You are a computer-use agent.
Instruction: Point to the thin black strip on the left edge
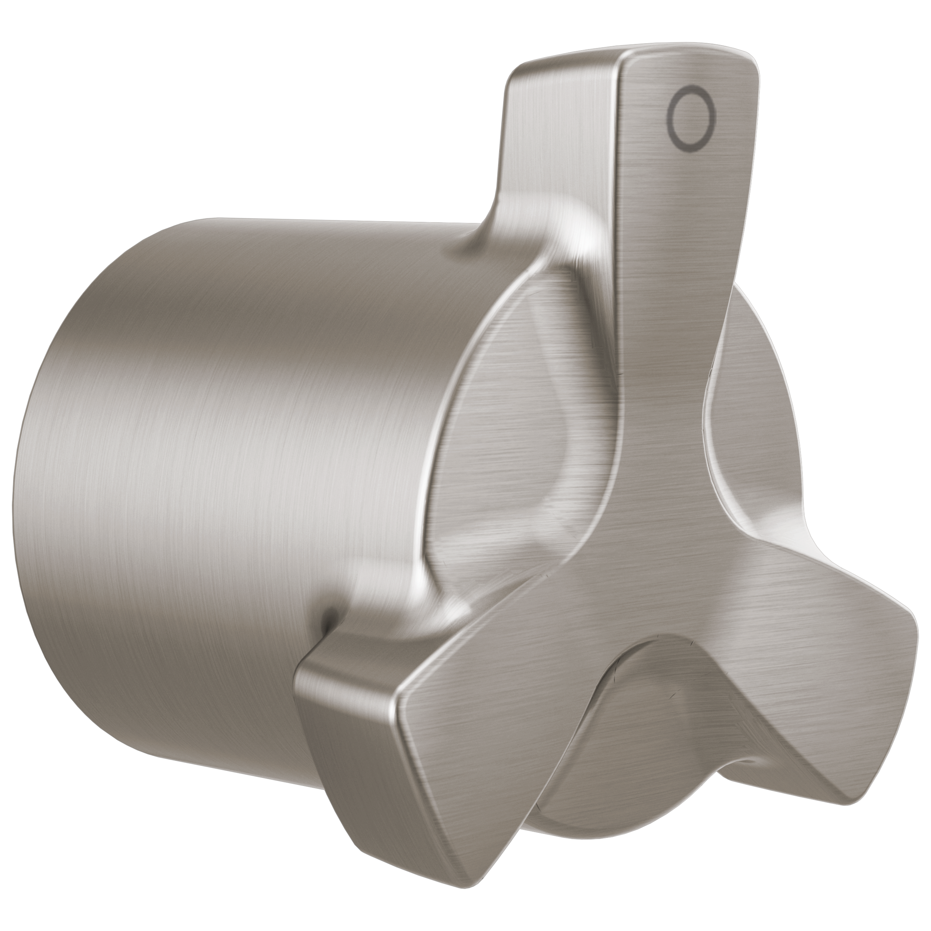tap(5, 465)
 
